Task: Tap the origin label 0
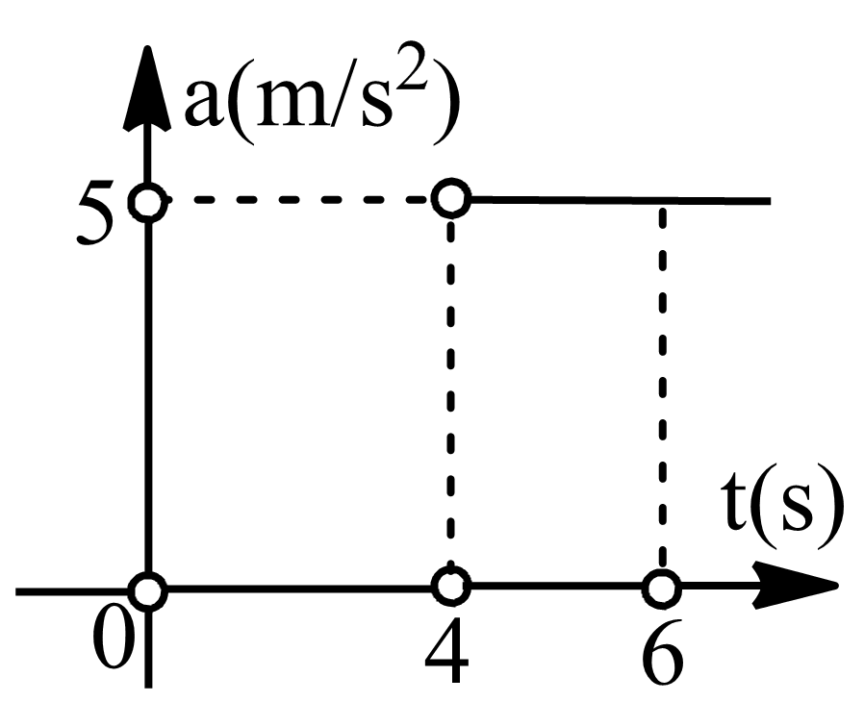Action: point(114,641)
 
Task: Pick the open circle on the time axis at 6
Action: point(660,587)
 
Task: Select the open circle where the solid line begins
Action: point(450,199)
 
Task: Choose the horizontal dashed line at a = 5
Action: point(298,201)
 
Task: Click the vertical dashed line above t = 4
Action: point(450,385)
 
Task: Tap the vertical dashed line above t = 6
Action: point(661,385)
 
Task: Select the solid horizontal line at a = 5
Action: point(616,200)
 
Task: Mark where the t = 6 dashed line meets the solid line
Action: point(661,201)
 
